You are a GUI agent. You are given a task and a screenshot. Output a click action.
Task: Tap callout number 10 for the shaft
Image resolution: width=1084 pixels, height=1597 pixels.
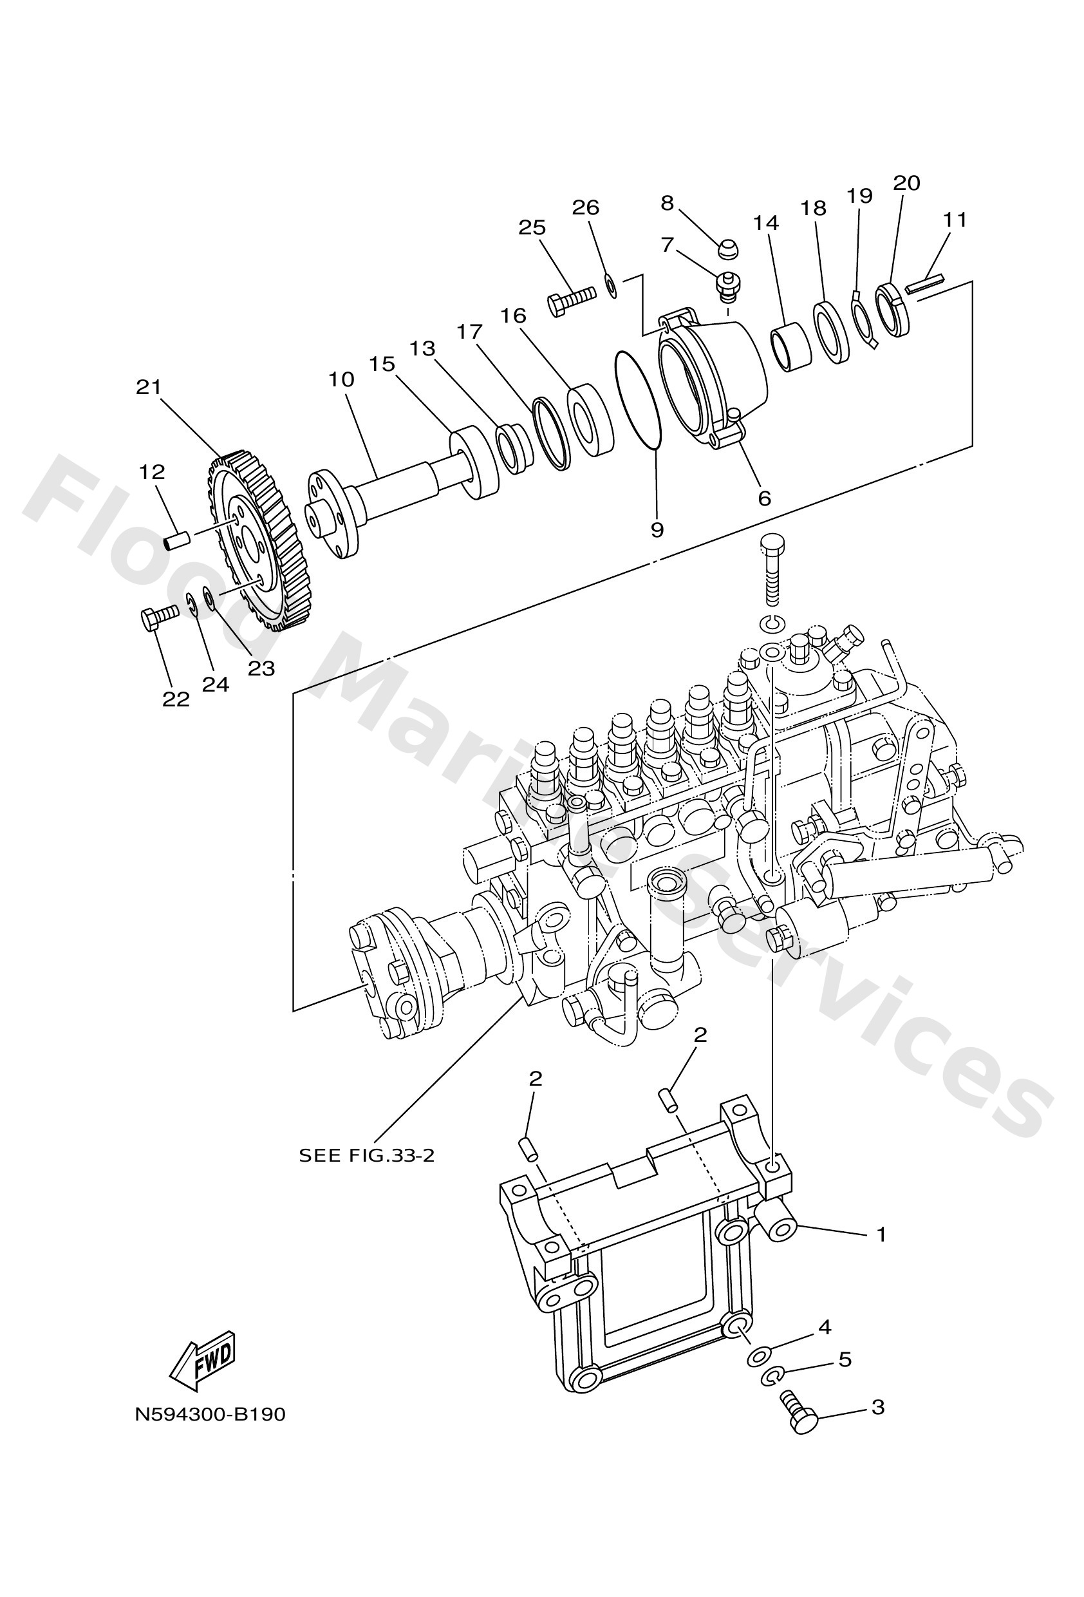(x=341, y=380)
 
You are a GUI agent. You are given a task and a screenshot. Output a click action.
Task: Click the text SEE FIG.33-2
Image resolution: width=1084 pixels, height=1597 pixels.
(x=366, y=1155)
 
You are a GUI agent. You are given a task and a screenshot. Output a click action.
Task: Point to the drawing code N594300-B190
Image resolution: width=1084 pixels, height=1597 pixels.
(x=209, y=1414)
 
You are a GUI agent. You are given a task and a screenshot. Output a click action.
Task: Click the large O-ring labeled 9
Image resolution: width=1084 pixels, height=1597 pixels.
(x=638, y=399)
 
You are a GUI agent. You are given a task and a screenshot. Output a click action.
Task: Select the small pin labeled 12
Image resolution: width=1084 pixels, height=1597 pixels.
(x=176, y=542)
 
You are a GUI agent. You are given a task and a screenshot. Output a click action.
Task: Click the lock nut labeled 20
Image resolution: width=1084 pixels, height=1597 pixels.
(x=893, y=310)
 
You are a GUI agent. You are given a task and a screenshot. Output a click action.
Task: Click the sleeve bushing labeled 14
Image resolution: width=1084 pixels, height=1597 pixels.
(x=791, y=347)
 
